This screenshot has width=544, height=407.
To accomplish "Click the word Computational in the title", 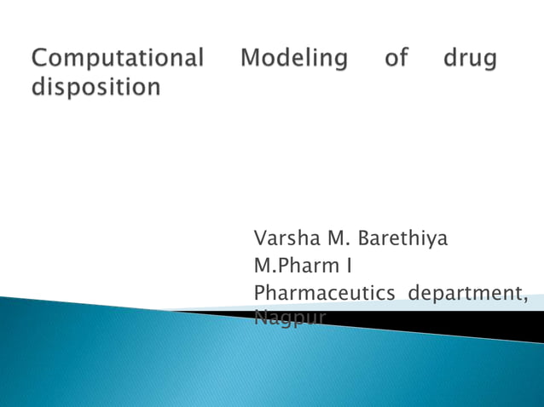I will pos(119,59).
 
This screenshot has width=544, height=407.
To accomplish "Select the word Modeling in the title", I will pos(294,59).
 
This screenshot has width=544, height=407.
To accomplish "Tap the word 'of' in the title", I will pos(396,59).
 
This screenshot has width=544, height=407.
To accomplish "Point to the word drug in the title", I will pos(471,59).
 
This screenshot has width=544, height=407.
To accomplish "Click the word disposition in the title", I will pos(95,87).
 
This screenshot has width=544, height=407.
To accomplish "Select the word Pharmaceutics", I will pos(324,293).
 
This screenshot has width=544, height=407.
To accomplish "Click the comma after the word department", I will pos(524,299).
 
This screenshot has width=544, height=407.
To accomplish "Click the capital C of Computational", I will pos(40,59).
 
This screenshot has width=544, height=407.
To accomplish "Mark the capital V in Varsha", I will pos(260,238).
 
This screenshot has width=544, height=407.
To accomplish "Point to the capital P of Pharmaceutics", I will pos(260,293).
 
